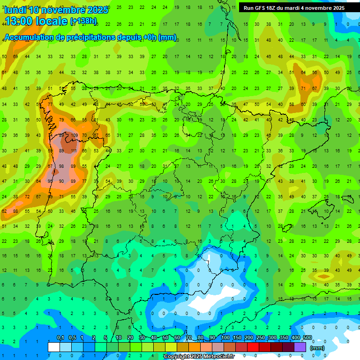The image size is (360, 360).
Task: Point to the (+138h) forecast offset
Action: pyautogui.click(x=83, y=21)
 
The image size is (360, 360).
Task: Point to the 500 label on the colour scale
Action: pyautogui.click(x=307, y=338)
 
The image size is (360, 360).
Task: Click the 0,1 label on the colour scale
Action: pyautogui.click(x=60, y=338)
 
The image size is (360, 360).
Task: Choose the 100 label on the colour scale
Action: pyautogui.click(x=225, y=338)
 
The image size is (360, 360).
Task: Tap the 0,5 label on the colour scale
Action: pyautogui.click(x=72, y=338)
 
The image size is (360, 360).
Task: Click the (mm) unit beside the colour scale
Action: pyautogui.click(x=317, y=348)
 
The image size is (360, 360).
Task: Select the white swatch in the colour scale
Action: pyautogui.click(x=54, y=347)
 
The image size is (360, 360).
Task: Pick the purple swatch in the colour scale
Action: pyautogui.click(x=300, y=347)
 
